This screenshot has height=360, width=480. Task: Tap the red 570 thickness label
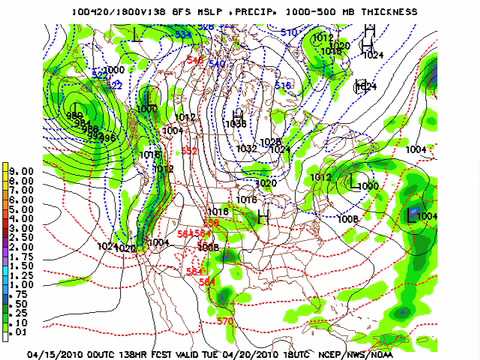click(x=226, y=321)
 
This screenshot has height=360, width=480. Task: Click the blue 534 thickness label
click(x=183, y=34)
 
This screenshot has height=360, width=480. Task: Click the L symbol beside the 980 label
click(x=76, y=101)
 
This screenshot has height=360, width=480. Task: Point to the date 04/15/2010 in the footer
click(x=61, y=353)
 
